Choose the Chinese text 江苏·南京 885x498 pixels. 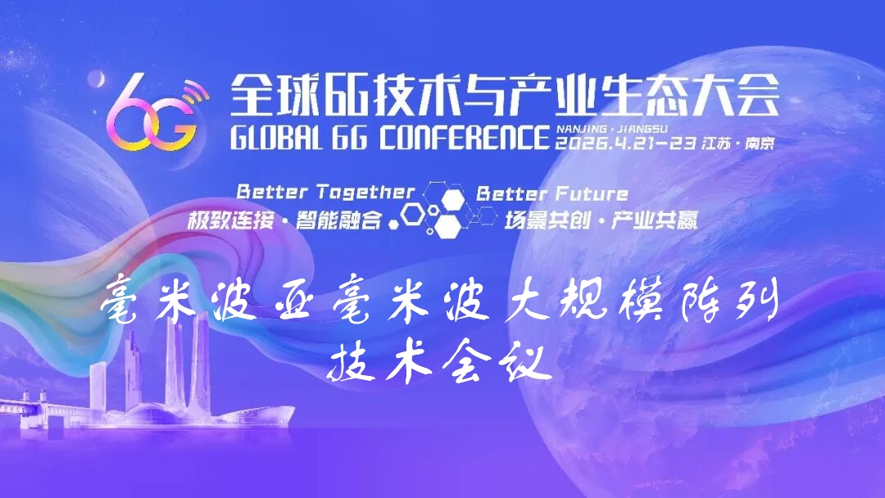coord(738,143)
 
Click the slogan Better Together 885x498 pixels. coord(325,192)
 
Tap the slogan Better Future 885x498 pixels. coord(552,194)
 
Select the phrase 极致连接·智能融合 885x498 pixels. coord(285,220)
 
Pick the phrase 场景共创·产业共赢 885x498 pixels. coord(600,220)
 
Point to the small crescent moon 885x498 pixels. coord(97,79)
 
